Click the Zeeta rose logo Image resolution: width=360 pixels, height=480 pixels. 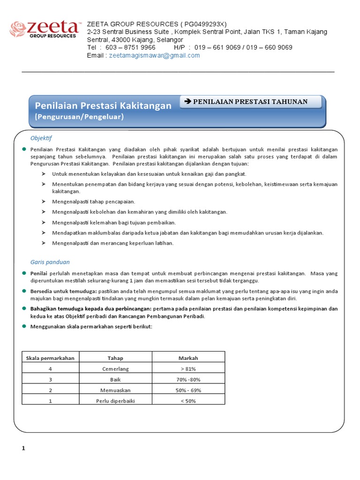(x=19, y=29)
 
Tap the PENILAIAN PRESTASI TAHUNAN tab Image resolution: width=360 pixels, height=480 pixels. (x=250, y=102)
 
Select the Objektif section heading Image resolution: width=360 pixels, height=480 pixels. (x=41, y=138)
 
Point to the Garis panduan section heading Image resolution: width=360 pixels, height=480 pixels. (x=50, y=262)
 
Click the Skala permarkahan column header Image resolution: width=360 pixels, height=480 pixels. (x=51, y=358)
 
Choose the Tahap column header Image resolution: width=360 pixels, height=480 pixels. (x=115, y=358)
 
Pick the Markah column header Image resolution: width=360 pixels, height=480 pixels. (x=188, y=358)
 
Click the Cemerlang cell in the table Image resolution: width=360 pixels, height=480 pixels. (x=115, y=369)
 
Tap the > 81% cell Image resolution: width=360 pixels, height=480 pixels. (x=188, y=369)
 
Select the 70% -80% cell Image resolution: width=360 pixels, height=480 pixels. (x=188, y=379)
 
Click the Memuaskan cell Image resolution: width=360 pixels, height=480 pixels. (x=115, y=390)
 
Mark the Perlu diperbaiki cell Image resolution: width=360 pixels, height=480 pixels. (x=115, y=401)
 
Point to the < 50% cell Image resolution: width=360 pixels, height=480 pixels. (x=188, y=401)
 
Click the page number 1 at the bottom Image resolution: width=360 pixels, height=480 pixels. (x=23, y=448)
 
